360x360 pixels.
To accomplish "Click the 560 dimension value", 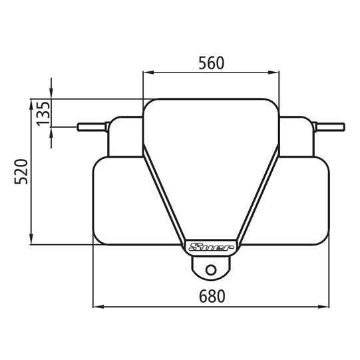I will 211,63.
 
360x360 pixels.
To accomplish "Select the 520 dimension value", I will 21,171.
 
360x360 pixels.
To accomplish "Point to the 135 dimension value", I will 43,113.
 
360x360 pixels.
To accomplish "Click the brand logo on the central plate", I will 210,248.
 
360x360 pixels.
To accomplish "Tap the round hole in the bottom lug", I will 211,270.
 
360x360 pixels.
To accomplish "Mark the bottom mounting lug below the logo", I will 211,266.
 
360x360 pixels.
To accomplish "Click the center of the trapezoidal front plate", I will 211,166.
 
